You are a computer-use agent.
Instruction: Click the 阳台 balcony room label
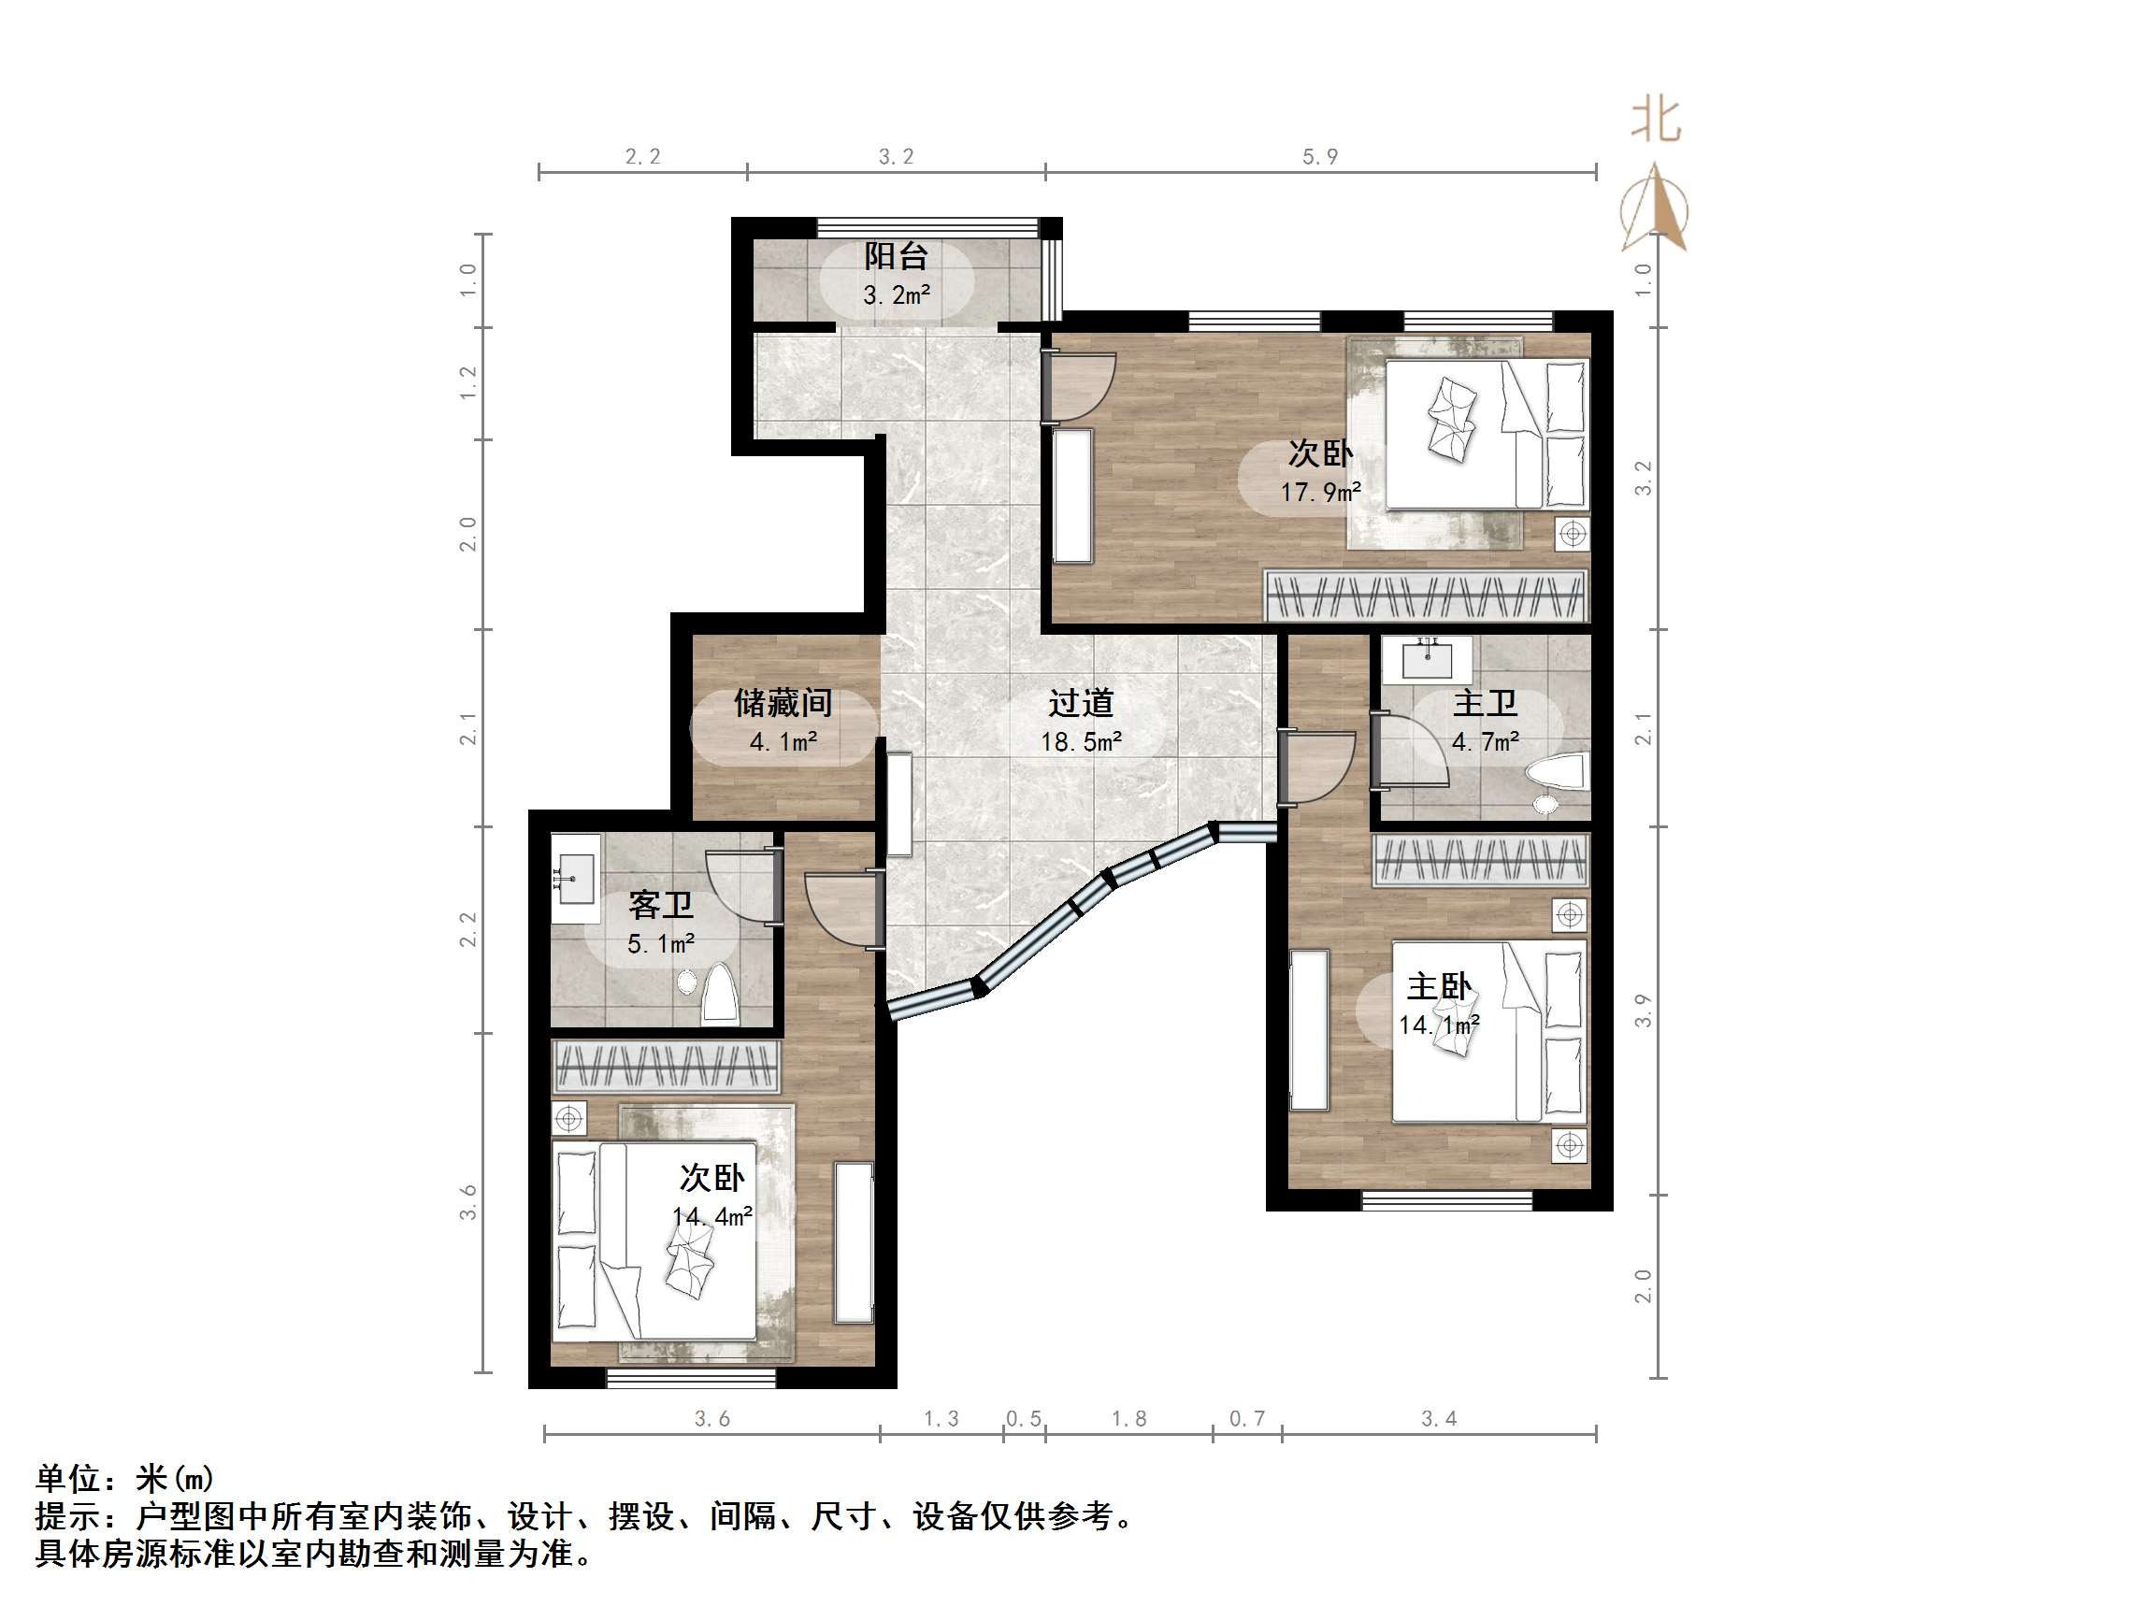point(896,256)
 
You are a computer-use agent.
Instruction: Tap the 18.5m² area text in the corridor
point(1081,742)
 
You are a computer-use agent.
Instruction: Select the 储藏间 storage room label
point(783,703)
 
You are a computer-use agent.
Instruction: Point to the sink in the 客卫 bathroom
point(575,878)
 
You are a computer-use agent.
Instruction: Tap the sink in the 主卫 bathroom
point(1428,659)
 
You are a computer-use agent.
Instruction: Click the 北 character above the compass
point(1655,122)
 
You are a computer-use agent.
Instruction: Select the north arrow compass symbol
point(1655,208)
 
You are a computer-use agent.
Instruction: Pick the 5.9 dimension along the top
point(1319,157)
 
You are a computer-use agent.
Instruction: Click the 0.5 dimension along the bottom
point(1023,1419)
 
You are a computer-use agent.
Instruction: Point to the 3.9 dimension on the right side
point(1644,1011)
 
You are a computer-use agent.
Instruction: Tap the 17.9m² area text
point(1321,493)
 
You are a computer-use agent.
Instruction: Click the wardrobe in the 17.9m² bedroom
point(1426,595)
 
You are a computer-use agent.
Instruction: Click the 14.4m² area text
point(712,1217)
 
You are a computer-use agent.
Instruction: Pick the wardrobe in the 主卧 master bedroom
point(1481,861)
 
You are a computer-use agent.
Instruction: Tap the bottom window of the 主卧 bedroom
point(1447,1201)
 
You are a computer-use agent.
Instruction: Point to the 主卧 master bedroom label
point(1438,986)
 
